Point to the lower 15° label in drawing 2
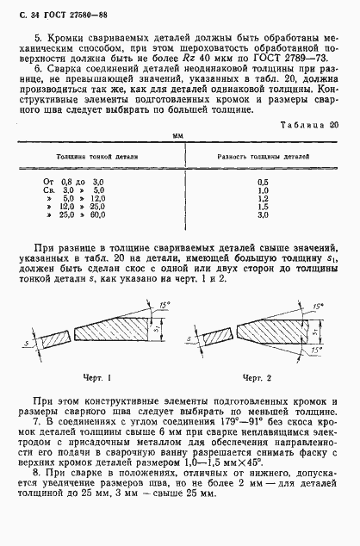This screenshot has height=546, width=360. (x=320, y=351)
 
